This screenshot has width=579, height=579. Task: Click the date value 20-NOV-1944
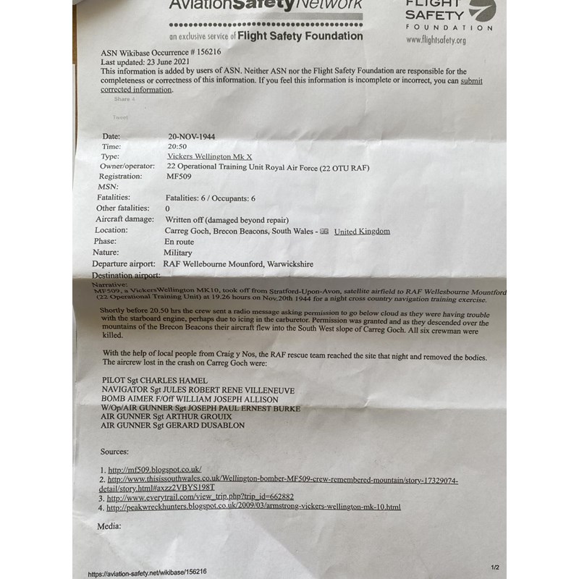[192, 136]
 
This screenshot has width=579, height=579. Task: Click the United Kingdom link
[362, 231]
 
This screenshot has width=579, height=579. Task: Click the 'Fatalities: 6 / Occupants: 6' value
[211, 198]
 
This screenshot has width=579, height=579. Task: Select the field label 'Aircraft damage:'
[124, 219]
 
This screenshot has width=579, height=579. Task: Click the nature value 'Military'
[178, 253]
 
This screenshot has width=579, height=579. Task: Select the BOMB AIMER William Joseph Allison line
[189, 399]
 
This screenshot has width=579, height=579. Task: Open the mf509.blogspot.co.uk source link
[154, 470]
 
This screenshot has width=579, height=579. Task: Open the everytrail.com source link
[200, 497]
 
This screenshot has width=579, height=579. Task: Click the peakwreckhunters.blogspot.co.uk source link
[253, 507]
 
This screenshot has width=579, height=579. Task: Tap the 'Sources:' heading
[115, 451]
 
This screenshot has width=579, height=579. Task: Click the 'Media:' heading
[111, 526]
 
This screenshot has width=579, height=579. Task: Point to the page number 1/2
[495, 567]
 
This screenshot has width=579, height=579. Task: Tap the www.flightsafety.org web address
[436, 41]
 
